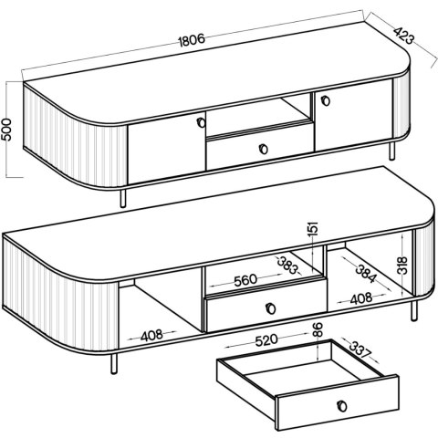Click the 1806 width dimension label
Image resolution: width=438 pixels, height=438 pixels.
[x=192, y=40]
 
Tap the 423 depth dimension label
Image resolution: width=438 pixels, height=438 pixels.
[x=404, y=36]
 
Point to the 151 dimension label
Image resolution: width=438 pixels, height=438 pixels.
[x=313, y=229]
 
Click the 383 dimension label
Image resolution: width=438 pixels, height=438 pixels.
[x=288, y=265]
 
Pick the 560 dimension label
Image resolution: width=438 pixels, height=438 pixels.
[x=245, y=280]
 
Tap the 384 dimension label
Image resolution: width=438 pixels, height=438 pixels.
[x=366, y=274]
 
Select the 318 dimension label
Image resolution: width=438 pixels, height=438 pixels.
[x=402, y=266]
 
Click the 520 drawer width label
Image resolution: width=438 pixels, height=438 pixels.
[x=266, y=340]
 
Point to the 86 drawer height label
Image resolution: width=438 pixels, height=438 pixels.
[x=318, y=329]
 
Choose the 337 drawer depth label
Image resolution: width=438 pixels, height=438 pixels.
[x=360, y=349]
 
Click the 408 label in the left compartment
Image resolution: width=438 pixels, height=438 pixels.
[x=151, y=336]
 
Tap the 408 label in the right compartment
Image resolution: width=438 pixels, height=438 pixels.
[x=361, y=298]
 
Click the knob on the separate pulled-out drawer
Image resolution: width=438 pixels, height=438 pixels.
[x=342, y=406]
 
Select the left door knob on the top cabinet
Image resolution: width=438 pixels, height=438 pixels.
[x=201, y=122]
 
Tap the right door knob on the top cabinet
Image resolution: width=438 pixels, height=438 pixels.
[x=326, y=100]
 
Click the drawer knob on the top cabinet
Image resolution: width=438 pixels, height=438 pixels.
[x=263, y=149]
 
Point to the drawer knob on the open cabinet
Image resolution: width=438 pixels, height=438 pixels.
[x=270, y=308]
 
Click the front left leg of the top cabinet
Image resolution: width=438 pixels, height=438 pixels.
[x=123, y=198]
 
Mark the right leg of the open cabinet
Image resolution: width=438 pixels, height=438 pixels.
[x=414, y=311]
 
